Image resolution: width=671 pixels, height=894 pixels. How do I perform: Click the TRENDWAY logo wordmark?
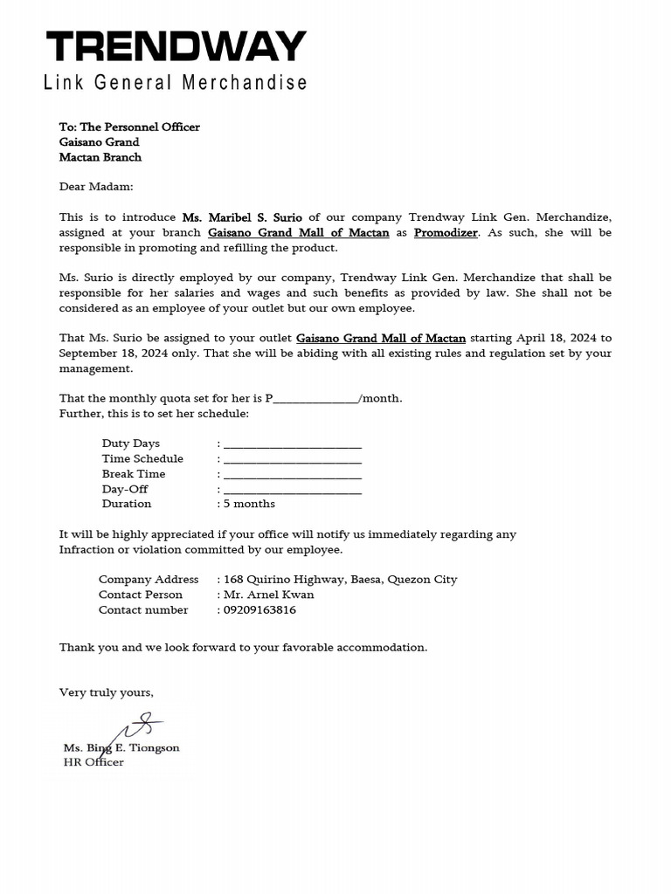(176, 47)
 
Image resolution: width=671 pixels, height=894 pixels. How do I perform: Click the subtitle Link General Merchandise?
(176, 83)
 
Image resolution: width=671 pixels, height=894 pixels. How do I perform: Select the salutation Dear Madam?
(96, 186)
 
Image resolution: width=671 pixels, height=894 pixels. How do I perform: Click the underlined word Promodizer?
(446, 232)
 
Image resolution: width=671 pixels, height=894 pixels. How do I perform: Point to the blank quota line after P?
(315, 399)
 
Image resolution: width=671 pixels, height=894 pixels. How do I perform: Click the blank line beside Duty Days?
(293, 444)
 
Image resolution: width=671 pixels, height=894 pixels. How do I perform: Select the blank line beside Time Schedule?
(293, 459)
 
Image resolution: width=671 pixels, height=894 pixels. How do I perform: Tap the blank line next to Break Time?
(293, 475)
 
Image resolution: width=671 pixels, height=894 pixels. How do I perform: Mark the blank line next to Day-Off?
(293, 490)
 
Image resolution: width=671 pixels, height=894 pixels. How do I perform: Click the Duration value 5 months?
(249, 504)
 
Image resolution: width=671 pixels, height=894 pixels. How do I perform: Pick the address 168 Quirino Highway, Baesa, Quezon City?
(340, 580)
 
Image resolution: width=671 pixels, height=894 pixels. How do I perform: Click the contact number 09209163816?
(259, 610)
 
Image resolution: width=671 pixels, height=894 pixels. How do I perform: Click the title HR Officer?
(93, 762)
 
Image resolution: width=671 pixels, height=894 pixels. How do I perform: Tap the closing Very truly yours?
(106, 692)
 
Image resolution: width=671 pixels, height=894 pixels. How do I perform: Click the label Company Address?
(149, 580)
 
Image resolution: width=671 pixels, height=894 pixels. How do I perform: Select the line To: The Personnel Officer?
(129, 127)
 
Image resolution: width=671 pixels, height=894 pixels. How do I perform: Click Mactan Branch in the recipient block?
(100, 157)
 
